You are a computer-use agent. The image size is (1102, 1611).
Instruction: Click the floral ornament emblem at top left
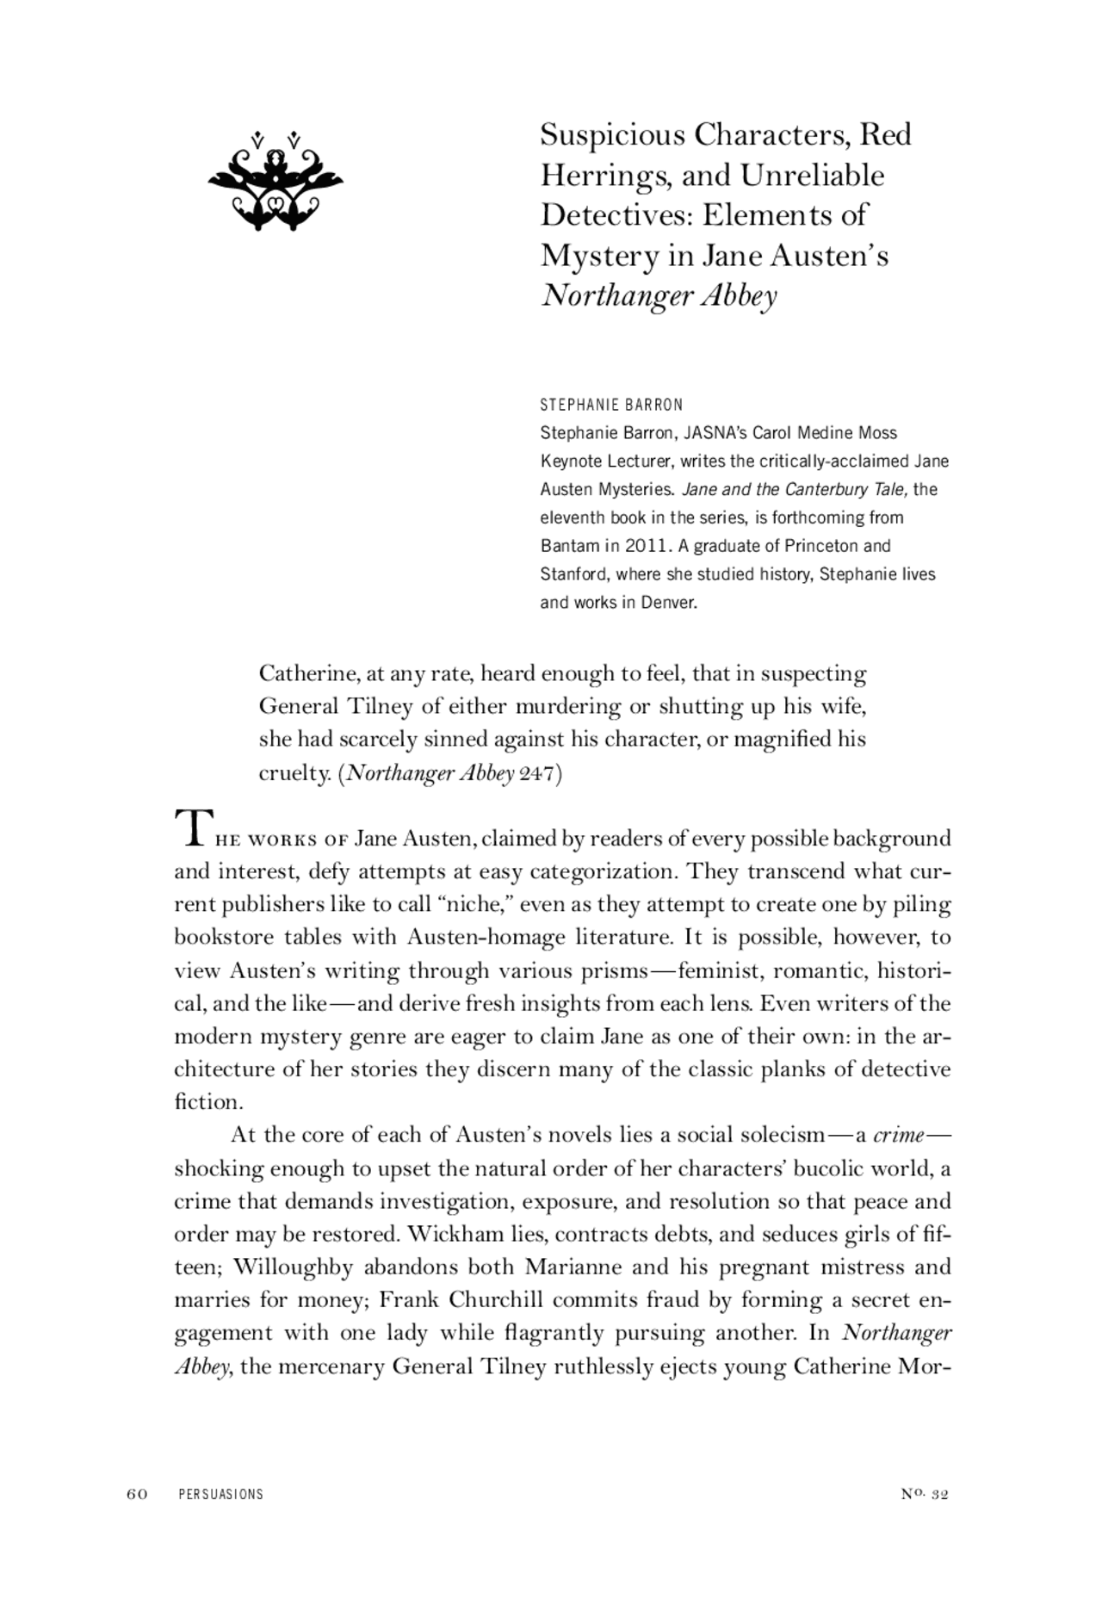coord(275,182)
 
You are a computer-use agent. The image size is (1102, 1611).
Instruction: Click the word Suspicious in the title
coord(612,135)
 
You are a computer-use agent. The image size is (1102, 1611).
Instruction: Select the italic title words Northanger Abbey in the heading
coord(659,296)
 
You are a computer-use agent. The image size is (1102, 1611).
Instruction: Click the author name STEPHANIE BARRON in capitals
coord(611,405)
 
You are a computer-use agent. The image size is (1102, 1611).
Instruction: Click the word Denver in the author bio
coord(668,603)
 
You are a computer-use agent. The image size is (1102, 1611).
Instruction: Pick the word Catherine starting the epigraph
coord(308,673)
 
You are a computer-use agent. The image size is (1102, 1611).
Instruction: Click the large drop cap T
coord(190,827)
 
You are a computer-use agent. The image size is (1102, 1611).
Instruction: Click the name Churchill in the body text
coord(497,1300)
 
